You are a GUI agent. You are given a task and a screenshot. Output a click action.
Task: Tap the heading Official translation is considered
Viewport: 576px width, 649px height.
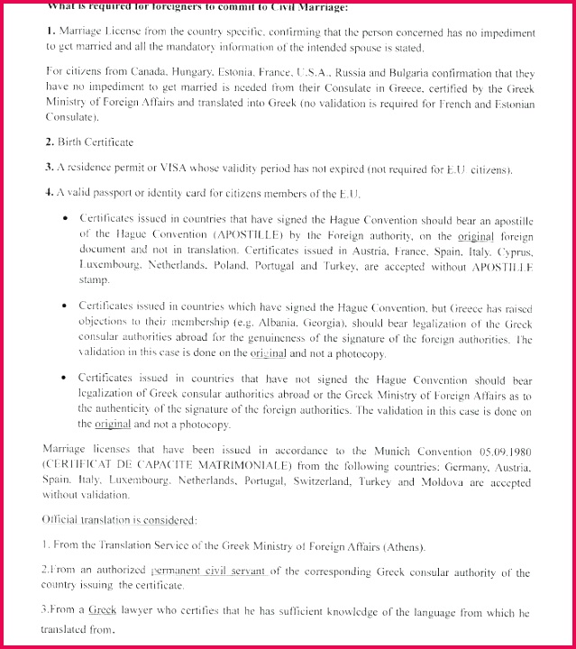pyautogui.click(x=106, y=520)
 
